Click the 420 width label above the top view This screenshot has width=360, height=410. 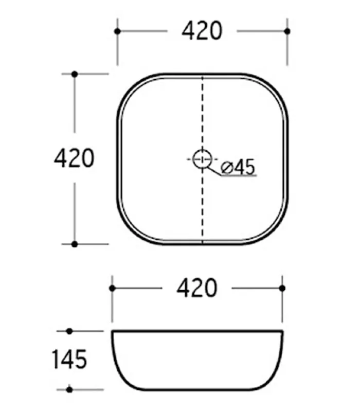click(x=202, y=31)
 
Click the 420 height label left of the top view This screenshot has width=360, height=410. click(x=74, y=158)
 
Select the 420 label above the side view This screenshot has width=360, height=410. click(x=197, y=288)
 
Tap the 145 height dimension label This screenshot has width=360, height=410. click(x=69, y=360)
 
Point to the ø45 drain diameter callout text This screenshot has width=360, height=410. click(x=238, y=167)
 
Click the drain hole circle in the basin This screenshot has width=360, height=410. click(x=202, y=159)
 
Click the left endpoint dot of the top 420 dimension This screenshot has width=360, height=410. click(x=117, y=31)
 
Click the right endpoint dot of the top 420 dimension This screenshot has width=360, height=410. click(x=287, y=31)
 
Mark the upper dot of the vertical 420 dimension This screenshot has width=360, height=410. click(x=75, y=74)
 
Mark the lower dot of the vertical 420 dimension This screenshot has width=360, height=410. click(x=75, y=244)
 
